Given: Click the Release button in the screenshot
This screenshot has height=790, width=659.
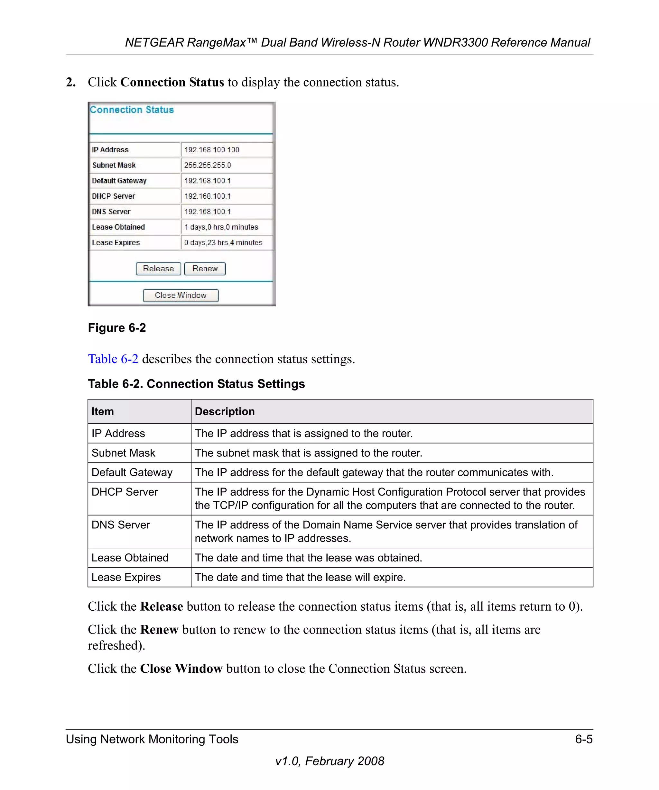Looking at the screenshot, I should click(158, 269).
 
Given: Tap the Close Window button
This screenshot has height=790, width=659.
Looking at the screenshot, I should click(181, 295).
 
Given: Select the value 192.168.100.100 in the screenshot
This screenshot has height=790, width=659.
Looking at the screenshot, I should click(212, 150).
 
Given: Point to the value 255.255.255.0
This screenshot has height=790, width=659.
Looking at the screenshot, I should click(208, 165).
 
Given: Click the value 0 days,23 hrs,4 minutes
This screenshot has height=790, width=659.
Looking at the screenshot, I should click(223, 243).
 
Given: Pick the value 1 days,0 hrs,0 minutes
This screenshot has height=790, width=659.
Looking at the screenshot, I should click(221, 227).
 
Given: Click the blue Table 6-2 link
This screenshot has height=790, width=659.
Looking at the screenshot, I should click(113, 359).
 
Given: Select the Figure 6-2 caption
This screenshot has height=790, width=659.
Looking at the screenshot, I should click(117, 328).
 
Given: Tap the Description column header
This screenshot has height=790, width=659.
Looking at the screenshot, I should click(224, 412).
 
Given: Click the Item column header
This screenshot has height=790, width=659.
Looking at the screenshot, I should click(102, 412).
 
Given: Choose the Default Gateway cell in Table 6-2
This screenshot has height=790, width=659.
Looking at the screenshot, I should click(132, 472).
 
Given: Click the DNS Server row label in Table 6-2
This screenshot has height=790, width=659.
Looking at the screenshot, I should click(120, 525).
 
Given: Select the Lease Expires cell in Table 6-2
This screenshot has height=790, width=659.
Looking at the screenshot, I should click(126, 577).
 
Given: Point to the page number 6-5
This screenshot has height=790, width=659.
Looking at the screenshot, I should click(583, 739).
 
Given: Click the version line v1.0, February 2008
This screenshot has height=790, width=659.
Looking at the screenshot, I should click(329, 761).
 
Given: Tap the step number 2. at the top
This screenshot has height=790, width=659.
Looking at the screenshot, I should click(71, 82).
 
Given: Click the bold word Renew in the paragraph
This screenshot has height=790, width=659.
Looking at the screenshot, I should click(159, 630).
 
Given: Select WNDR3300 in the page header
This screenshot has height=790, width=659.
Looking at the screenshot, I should click(455, 42).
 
